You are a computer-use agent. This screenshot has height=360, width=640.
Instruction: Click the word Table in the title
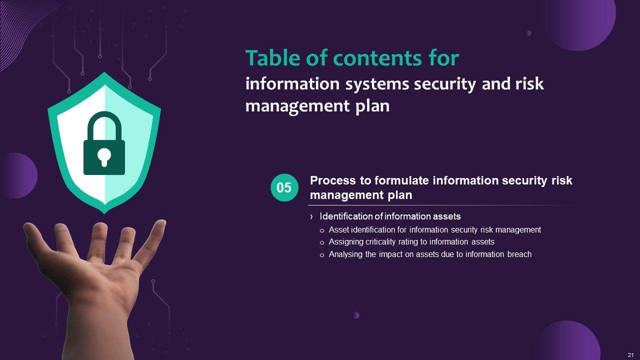[x=273, y=58]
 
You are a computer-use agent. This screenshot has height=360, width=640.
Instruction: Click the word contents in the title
[x=377, y=58]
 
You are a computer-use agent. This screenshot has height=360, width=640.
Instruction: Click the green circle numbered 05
[x=284, y=187]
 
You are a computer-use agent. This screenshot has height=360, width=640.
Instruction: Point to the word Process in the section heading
[x=333, y=180]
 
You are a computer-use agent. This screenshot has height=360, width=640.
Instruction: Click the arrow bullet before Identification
[x=311, y=217]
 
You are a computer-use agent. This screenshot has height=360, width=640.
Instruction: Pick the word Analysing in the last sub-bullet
[x=345, y=254]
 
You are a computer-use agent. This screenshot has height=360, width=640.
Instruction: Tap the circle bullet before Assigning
[x=322, y=243]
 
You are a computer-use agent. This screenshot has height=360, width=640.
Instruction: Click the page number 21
[x=630, y=355]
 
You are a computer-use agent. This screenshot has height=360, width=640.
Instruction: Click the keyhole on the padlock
[x=104, y=157]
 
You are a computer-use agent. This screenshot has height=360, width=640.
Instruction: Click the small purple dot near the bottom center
[x=356, y=315]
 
